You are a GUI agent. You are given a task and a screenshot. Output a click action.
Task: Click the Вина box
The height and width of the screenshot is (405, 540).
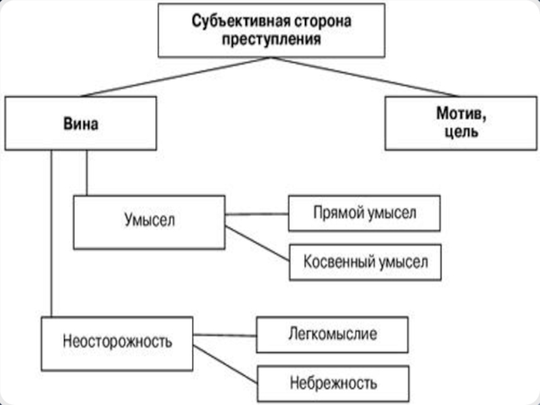click(80, 123)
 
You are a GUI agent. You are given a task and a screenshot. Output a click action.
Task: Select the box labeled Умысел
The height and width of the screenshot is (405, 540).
click(148, 222)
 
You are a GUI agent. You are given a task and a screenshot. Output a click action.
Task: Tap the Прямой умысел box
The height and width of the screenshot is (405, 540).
click(364, 213)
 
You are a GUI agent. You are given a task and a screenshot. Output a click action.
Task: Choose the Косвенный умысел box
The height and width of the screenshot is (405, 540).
click(364, 262)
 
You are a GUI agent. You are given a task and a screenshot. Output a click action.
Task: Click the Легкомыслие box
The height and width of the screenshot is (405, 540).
click(332, 335)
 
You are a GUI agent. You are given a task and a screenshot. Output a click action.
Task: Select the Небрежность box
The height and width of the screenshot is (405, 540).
click(333, 384)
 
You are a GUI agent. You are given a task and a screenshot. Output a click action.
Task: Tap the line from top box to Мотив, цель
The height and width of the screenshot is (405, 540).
click(358, 76)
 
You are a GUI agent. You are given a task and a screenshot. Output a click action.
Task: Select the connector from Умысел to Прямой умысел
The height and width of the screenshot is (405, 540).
click(256, 214)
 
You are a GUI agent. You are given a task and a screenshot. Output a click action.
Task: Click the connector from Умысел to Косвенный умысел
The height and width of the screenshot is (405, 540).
click(256, 244)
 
